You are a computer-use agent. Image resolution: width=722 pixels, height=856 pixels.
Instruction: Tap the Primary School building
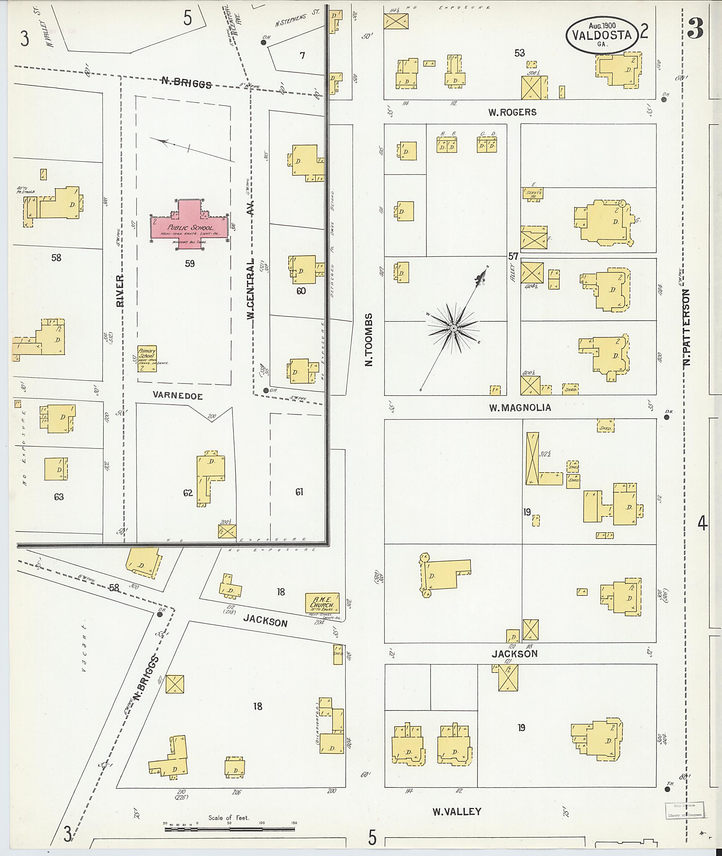(x=147, y=359)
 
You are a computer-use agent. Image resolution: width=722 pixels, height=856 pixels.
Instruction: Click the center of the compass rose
(x=453, y=328)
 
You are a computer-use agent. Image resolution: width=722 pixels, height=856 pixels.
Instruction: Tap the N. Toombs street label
(x=369, y=340)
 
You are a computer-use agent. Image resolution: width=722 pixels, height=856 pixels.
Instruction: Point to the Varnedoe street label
(x=178, y=396)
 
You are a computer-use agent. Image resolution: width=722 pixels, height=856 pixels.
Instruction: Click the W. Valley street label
(x=457, y=811)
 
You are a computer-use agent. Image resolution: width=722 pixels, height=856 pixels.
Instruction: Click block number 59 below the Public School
(x=190, y=264)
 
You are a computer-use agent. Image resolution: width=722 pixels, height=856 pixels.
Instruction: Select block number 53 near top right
(x=519, y=53)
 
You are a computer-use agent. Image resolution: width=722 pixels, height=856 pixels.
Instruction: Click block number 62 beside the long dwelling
(x=188, y=493)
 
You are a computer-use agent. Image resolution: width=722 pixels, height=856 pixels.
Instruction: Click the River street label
(x=120, y=291)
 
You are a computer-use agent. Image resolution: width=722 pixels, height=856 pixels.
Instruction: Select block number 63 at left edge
(x=59, y=497)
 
